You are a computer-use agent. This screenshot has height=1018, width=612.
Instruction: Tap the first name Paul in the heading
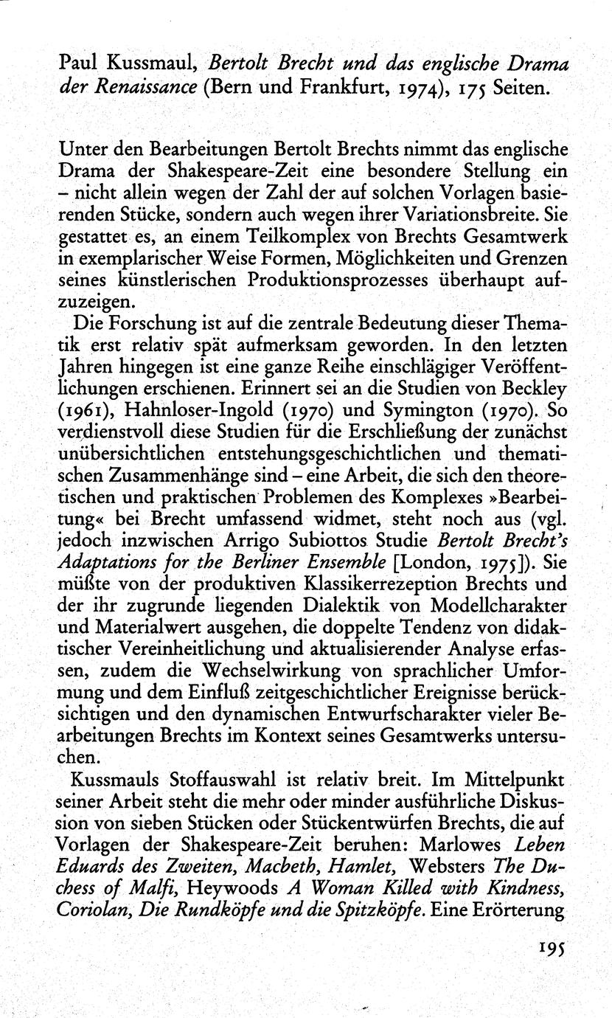point(77,64)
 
